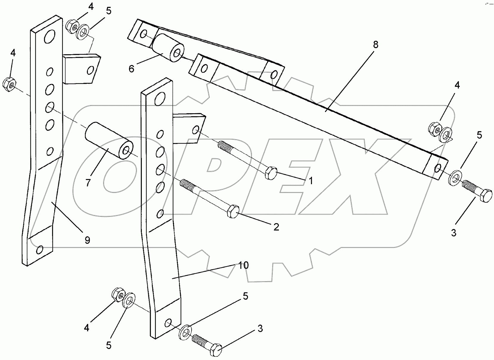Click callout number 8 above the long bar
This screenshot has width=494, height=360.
375,45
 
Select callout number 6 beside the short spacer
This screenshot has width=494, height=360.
131,69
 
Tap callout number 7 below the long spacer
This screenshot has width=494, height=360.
88,183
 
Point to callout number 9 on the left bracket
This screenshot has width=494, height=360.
87,240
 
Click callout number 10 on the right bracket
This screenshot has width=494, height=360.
243,265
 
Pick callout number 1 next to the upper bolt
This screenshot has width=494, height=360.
310,181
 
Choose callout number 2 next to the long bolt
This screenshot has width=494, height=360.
276,227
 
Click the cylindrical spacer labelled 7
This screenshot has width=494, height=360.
109,140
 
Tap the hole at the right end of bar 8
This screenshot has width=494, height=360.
439,168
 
